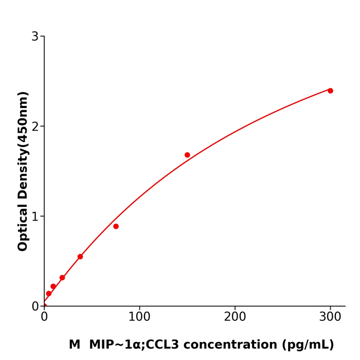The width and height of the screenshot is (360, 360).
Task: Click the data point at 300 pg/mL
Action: pyautogui.click(x=330, y=91)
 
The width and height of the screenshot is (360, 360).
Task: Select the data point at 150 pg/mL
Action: pyautogui.click(x=187, y=155)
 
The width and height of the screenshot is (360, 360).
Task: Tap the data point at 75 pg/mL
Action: pyautogui.click(x=116, y=226)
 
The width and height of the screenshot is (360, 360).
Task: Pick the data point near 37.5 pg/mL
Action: pyautogui.click(x=80, y=257)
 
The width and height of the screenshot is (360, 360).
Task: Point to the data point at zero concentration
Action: pyautogui.click(x=44, y=306)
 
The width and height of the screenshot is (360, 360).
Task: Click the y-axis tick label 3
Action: pyautogui.click(x=35, y=37)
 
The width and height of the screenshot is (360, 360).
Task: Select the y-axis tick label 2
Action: pyautogui.click(x=35, y=127)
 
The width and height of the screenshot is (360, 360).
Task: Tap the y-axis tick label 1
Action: pyautogui.click(x=35, y=217)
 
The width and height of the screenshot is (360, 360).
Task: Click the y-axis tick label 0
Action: pyautogui.click(x=35, y=307)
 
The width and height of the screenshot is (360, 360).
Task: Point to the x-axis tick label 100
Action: pyautogui.click(x=139, y=317)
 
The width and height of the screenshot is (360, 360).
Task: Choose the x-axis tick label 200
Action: pyautogui.click(x=235, y=317)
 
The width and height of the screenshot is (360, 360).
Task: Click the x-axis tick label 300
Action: pyautogui.click(x=330, y=317)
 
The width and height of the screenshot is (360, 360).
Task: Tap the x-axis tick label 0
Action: pyautogui.click(x=44, y=317)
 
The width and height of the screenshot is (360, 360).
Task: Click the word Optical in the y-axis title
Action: pyautogui.click(x=23, y=227)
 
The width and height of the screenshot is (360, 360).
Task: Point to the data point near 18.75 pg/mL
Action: pyautogui.click(x=62, y=278)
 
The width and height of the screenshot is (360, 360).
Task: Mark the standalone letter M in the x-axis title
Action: pyautogui.click(x=75, y=345)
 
